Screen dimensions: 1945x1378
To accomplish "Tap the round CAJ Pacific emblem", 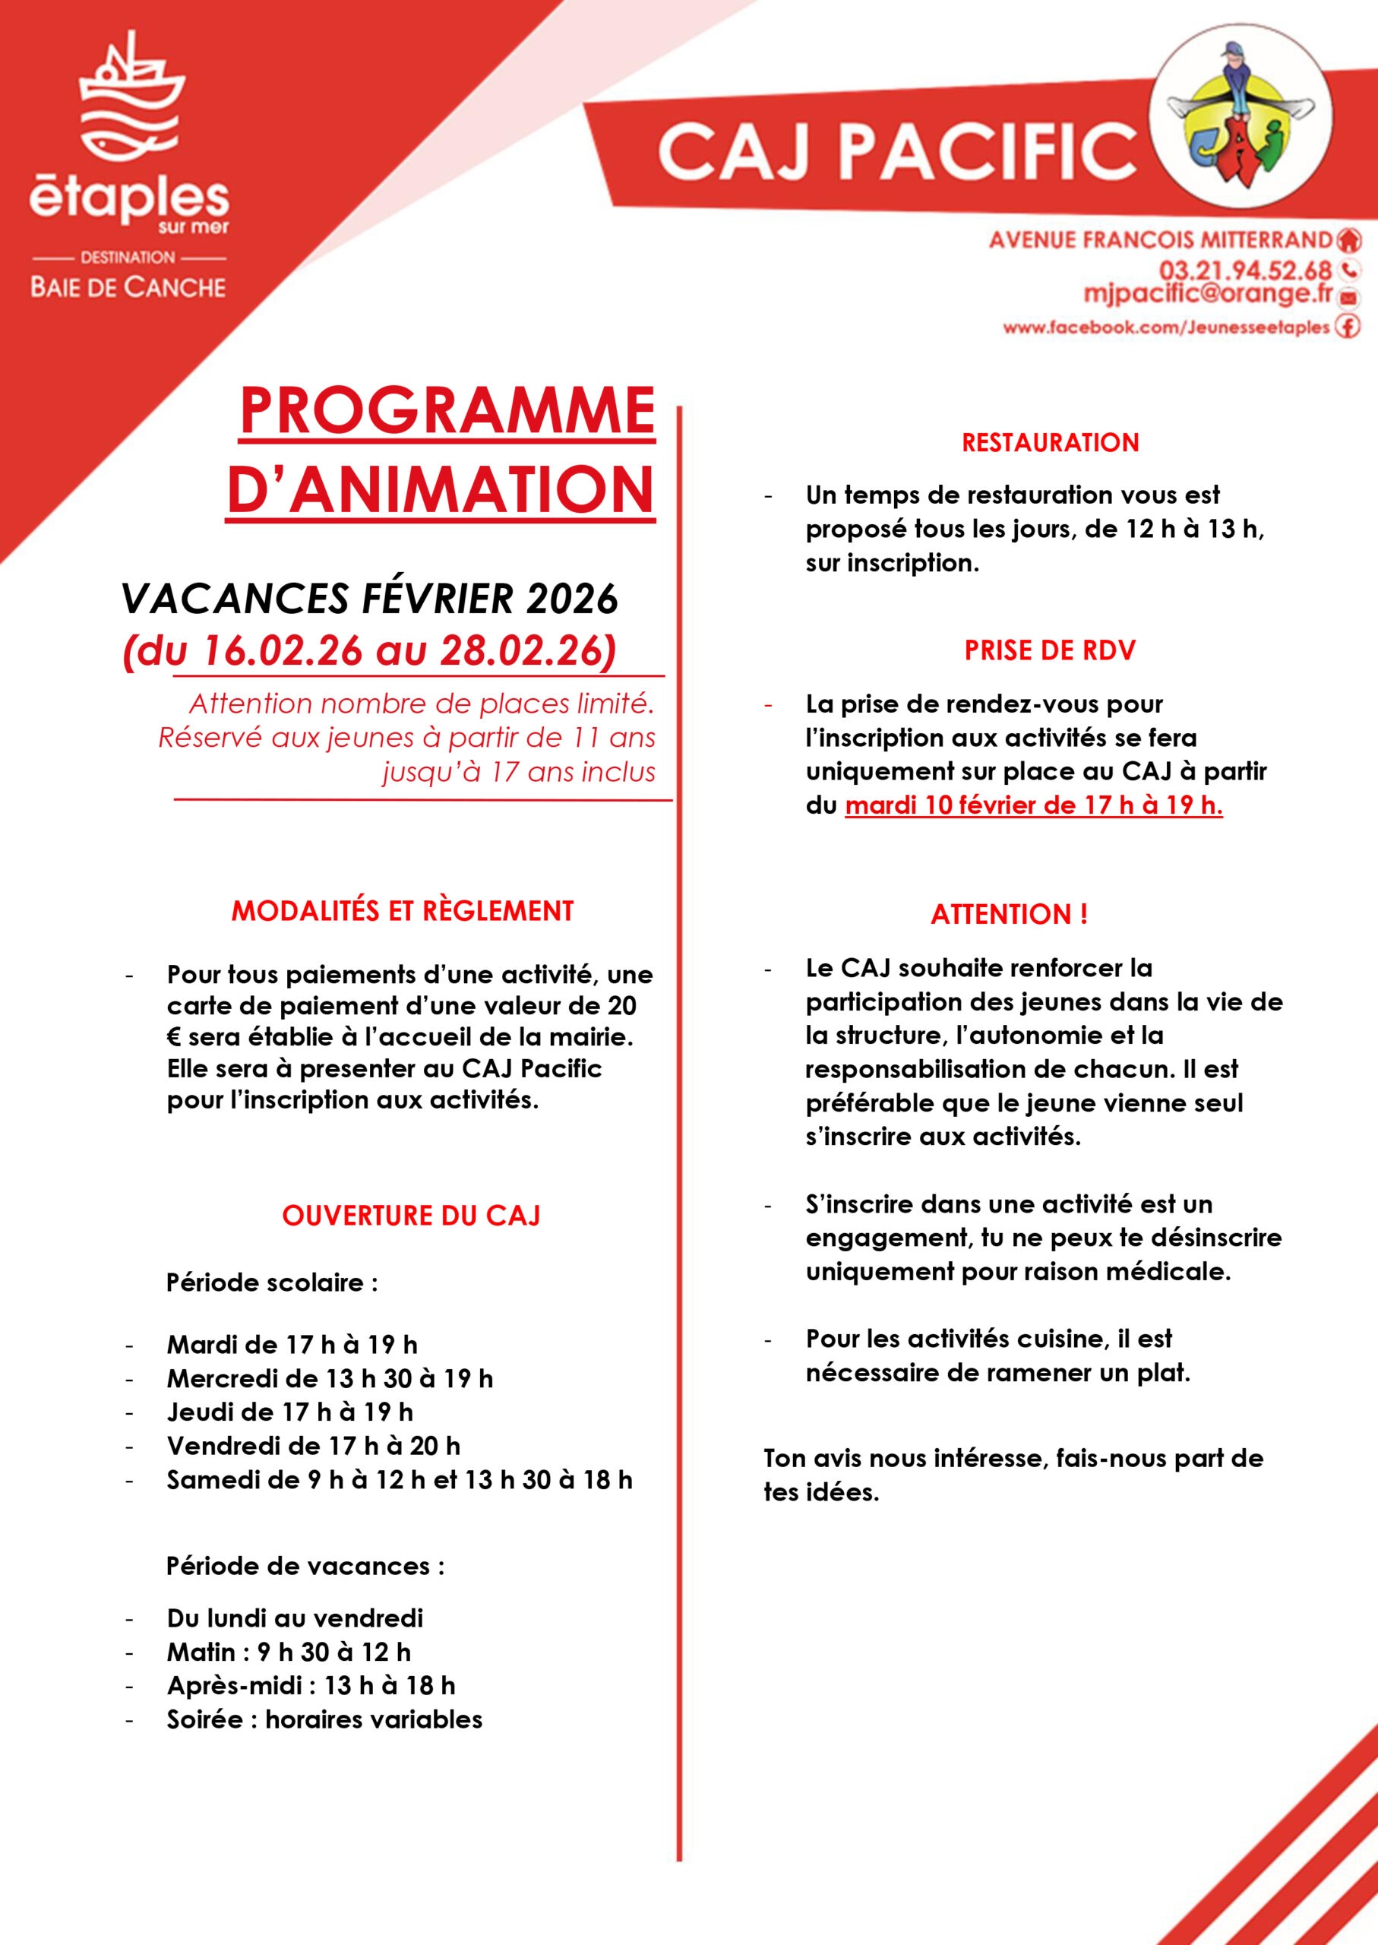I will pyautogui.click(x=1240, y=116).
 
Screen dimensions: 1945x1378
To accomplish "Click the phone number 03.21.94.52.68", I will pyautogui.click(x=1245, y=270).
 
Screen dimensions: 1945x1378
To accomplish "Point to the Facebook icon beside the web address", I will pyautogui.click(x=1348, y=326).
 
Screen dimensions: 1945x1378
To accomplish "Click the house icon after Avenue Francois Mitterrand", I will pyautogui.click(x=1348, y=240).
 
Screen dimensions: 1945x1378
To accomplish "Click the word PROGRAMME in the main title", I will pyautogui.click(x=447, y=412).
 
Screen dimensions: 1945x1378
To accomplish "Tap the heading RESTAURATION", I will pyautogui.click(x=1050, y=442).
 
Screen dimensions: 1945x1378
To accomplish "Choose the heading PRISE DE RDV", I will pyautogui.click(x=1050, y=650).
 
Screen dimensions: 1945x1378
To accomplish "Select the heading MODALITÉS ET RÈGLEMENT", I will pyautogui.click(x=402, y=910).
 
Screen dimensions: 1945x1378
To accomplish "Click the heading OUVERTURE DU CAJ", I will pyautogui.click(x=411, y=1215).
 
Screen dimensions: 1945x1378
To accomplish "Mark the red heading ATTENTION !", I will pyautogui.click(x=1009, y=914).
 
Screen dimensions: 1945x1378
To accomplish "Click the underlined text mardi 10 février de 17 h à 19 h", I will pyautogui.click(x=1033, y=805).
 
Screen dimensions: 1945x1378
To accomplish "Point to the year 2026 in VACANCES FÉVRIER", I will pyautogui.click(x=572, y=599).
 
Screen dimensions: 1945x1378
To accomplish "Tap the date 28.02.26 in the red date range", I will pyautogui.click(x=523, y=651).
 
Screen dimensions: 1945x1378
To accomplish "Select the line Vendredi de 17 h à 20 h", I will pyautogui.click(x=313, y=1445).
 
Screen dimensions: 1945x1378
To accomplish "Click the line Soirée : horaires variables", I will pyautogui.click(x=324, y=1719).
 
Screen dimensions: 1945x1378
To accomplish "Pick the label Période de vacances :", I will pyautogui.click(x=305, y=1566).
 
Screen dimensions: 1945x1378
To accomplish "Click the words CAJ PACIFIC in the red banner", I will pyautogui.click(x=896, y=151).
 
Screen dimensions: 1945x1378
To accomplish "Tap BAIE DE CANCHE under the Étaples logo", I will pyautogui.click(x=128, y=288).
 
